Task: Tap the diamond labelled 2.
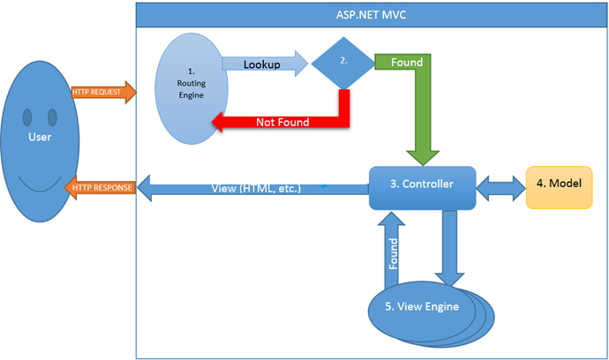(343, 63)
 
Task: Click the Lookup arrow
(266, 64)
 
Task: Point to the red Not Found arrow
(282, 122)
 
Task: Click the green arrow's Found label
(407, 63)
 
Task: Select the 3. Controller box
(422, 185)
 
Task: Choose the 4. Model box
(559, 186)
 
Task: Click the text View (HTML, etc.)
(256, 188)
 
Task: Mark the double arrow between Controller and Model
(500, 185)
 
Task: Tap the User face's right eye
(53, 116)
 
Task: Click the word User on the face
(41, 138)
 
